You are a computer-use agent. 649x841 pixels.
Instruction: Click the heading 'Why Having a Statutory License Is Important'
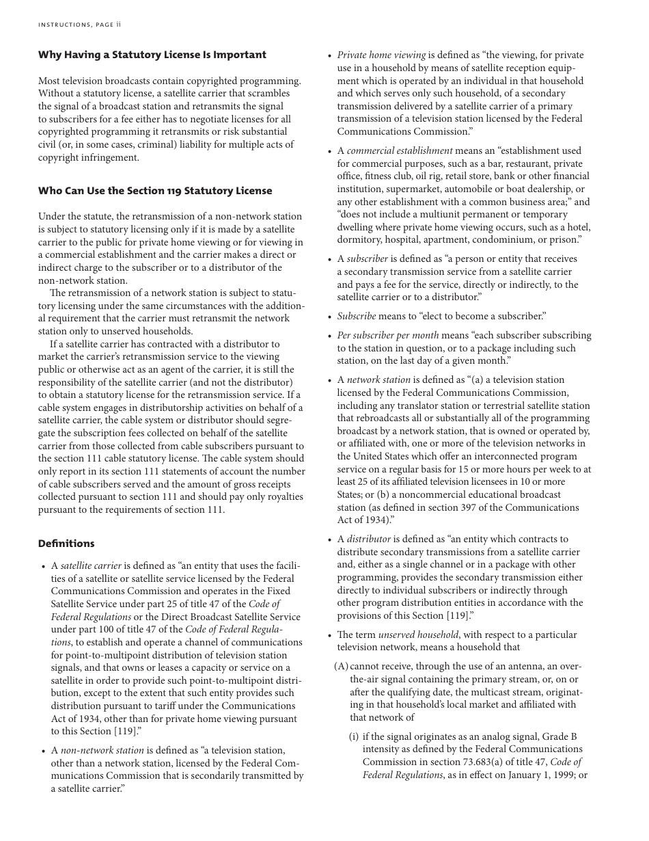coord(152,55)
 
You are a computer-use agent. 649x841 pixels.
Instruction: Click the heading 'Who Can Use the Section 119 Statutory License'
coord(155,191)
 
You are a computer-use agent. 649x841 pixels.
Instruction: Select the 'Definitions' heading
coord(66,544)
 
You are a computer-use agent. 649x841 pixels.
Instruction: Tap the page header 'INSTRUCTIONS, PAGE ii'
coord(79,25)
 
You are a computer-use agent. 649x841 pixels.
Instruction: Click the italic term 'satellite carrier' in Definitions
coord(91,566)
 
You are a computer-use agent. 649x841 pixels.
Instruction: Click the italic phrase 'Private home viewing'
coord(381,55)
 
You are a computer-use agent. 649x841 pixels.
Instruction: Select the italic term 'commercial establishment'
coord(400,151)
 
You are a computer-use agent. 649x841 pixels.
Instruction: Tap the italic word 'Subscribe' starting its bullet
coord(356,317)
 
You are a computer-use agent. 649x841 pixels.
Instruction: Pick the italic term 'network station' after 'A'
coord(378,380)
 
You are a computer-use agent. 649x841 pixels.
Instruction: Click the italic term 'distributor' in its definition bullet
coord(369,539)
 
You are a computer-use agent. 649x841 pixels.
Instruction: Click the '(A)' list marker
coord(341,667)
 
